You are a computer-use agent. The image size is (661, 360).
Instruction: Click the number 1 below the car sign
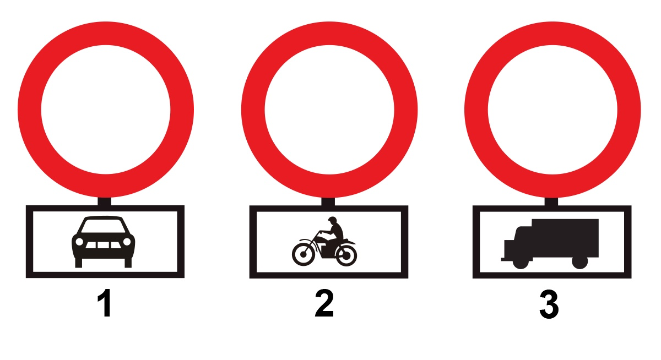[x=105, y=303]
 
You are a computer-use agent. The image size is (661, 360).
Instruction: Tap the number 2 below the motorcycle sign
[x=324, y=303]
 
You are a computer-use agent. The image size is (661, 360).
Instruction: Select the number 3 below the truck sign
[x=549, y=304]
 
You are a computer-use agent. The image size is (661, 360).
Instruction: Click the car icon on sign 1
[x=104, y=242]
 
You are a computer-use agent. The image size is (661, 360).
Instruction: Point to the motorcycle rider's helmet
[x=332, y=220]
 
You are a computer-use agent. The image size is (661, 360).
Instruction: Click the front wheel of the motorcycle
[x=303, y=254]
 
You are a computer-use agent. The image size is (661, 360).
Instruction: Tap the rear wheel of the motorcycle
[x=345, y=255]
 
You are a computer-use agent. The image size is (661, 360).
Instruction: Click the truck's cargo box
[x=565, y=238]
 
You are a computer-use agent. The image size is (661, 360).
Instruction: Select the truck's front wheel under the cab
[x=521, y=263]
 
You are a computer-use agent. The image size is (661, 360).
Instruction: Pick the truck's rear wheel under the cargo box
[x=580, y=263]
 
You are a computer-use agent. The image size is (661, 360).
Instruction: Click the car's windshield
[x=104, y=226]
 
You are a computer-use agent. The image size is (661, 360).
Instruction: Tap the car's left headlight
[x=79, y=242]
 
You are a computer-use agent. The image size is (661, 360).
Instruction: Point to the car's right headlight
[x=127, y=242]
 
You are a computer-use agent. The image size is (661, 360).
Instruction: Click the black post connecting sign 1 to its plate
[x=105, y=201]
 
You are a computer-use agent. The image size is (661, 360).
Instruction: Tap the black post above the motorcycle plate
[x=328, y=202]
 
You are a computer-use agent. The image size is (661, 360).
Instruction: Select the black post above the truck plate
[x=551, y=202]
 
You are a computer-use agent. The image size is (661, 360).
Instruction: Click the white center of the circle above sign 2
[x=329, y=110]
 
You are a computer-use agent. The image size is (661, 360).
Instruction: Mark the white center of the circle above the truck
[x=552, y=110]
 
